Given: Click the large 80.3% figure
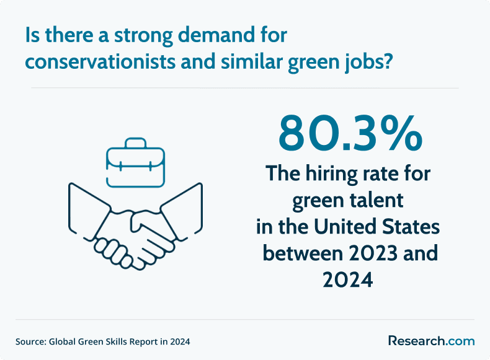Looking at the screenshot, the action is point(350,133).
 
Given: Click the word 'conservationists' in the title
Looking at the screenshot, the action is point(100,61).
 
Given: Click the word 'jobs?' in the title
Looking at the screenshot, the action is point(368,63).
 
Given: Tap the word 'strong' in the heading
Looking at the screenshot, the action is point(143,36).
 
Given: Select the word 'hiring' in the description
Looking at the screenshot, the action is point(331,174).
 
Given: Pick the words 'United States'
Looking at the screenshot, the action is point(376,226).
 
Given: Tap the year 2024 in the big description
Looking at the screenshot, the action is point(348,279).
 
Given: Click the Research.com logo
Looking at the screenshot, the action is point(432,341).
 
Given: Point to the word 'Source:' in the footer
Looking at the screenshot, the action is point(30,341).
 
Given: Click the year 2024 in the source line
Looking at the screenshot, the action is point(180,341).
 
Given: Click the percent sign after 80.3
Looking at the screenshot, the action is point(404,133).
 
